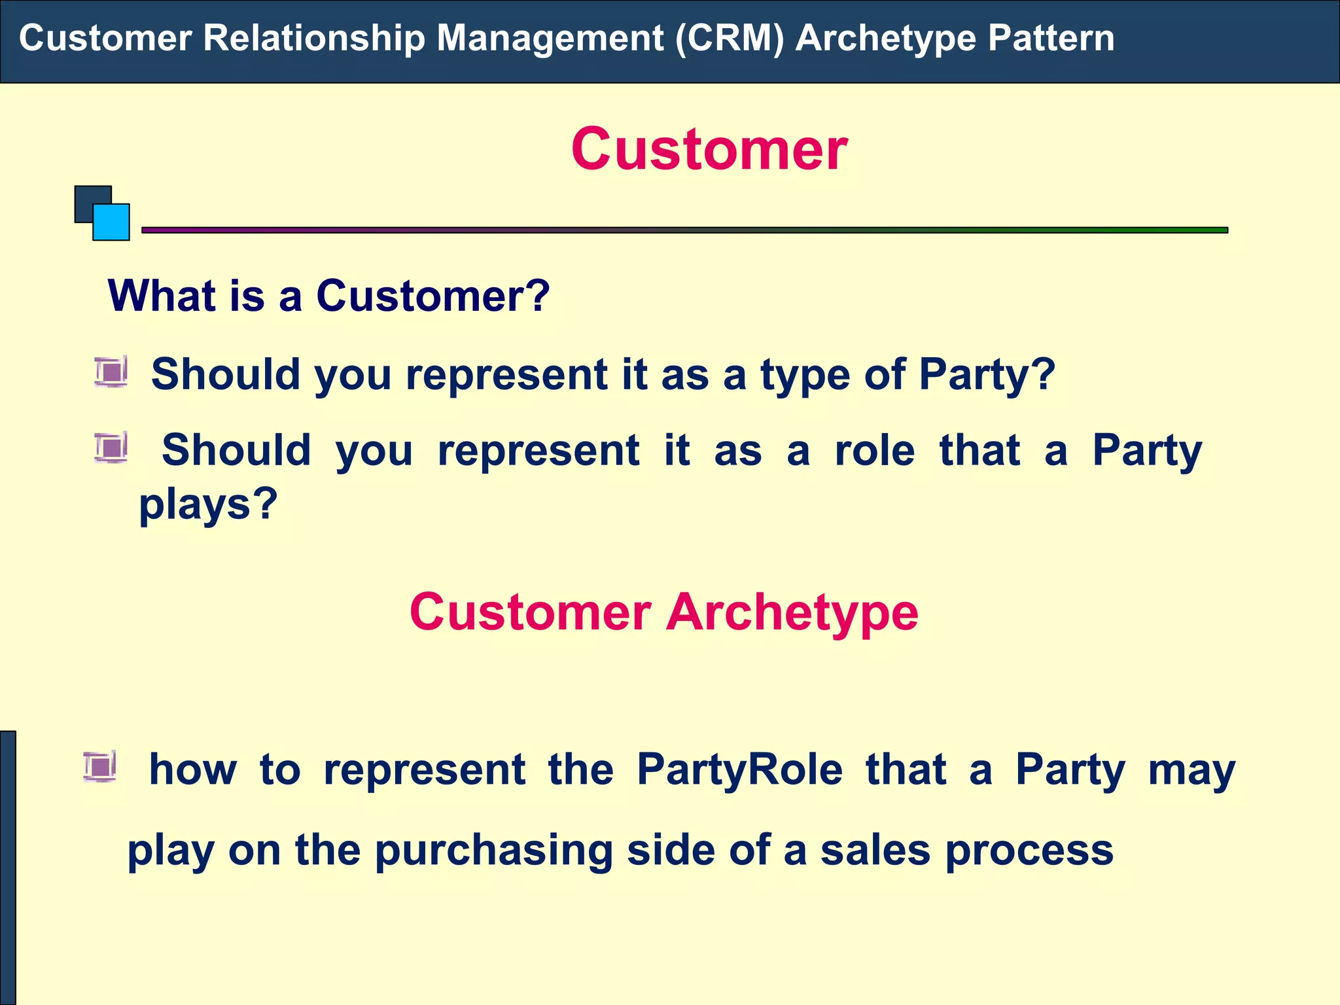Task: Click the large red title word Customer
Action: click(709, 150)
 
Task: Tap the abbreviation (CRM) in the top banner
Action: click(730, 38)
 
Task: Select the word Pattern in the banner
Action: click(1051, 38)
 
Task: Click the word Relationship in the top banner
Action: click(314, 38)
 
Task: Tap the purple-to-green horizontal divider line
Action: click(684, 230)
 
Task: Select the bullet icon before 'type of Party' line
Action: click(111, 372)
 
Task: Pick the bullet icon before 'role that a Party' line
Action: click(111, 448)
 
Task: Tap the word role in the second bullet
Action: click(875, 451)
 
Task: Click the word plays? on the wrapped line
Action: click(209, 504)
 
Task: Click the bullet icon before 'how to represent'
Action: click(100, 766)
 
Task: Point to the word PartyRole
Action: click(739, 769)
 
